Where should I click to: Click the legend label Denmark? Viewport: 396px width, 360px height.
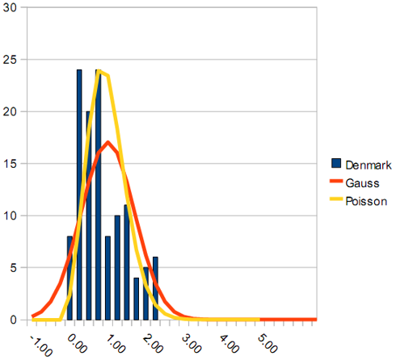(x=369, y=165)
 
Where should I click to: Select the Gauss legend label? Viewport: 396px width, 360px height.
(x=362, y=183)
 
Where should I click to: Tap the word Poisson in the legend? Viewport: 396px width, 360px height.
(x=366, y=201)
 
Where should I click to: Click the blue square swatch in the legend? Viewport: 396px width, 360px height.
(x=336, y=163)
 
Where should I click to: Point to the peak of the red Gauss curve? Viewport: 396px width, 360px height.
(x=108, y=141)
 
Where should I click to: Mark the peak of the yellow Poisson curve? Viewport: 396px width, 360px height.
(x=99, y=71)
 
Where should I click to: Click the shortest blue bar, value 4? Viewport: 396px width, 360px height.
(x=137, y=299)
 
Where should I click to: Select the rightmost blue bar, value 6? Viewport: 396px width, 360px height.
(x=155, y=288)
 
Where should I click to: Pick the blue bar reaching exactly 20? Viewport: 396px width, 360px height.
(x=89, y=216)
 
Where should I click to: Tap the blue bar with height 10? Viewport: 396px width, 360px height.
(x=117, y=268)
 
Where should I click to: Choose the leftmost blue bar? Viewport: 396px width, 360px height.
(x=70, y=278)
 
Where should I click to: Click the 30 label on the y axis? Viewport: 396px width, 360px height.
(x=11, y=7)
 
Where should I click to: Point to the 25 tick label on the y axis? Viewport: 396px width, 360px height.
(x=11, y=60)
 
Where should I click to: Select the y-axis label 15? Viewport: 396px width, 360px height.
(x=11, y=164)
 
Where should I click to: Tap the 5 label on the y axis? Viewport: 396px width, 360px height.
(x=14, y=268)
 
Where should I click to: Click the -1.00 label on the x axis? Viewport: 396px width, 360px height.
(x=41, y=345)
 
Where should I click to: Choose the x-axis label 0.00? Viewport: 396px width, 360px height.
(x=77, y=344)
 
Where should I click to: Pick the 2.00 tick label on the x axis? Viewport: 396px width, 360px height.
(x=153, y=344)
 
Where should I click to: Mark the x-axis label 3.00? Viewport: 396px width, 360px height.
(x=192, y=344)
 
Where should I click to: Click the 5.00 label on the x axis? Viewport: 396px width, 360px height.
(x=268, y=344)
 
